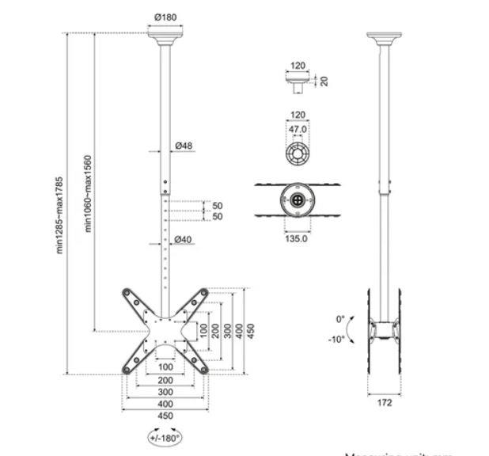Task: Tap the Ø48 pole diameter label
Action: click(184, 146)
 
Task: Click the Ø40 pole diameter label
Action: click(184, 240)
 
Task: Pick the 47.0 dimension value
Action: click(297, 128)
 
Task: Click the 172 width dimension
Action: click(385, 402)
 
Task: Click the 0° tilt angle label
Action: click(341, 319)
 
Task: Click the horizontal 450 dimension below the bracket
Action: click(165, 416)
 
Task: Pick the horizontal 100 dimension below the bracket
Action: click(165, 367)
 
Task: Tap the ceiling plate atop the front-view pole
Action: click(165, 36)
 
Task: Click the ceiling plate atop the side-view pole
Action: click(384, 36)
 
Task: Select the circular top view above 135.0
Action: click(298, 201)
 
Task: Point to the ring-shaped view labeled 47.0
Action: click(297, 152)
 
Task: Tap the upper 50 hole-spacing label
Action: click(218, 206)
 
